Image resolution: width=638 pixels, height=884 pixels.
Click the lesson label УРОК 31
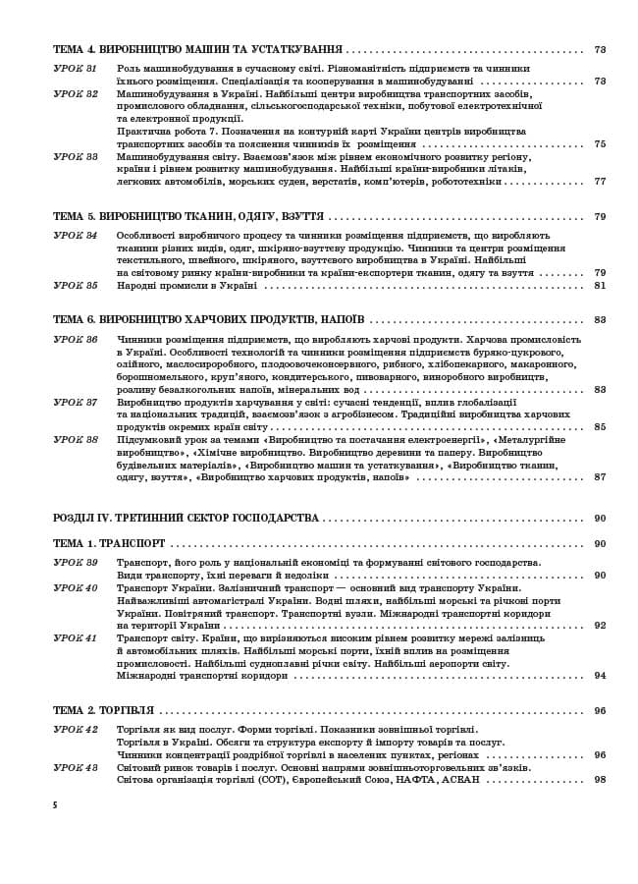[x=75, y=68]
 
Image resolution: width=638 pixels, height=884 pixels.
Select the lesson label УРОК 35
[x=75, y=286]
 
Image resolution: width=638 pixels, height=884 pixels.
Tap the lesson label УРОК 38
[x=75, y=439]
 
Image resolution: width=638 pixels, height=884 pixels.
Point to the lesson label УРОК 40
[x=75, y=587]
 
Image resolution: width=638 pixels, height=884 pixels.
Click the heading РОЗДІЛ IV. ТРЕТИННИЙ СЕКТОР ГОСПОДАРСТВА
[x=185, y=518]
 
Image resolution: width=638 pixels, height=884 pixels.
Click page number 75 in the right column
[x=600, y=144]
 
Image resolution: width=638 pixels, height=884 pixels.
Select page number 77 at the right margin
[x=600, y=182]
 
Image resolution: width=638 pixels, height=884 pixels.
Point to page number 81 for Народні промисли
[x=600, y=286]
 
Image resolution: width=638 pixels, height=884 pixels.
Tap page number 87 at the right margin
[x=600, y=477]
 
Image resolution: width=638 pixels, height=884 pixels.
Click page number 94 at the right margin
[x=600, y=676]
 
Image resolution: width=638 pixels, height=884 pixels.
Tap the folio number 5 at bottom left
[x=55, y=804]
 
